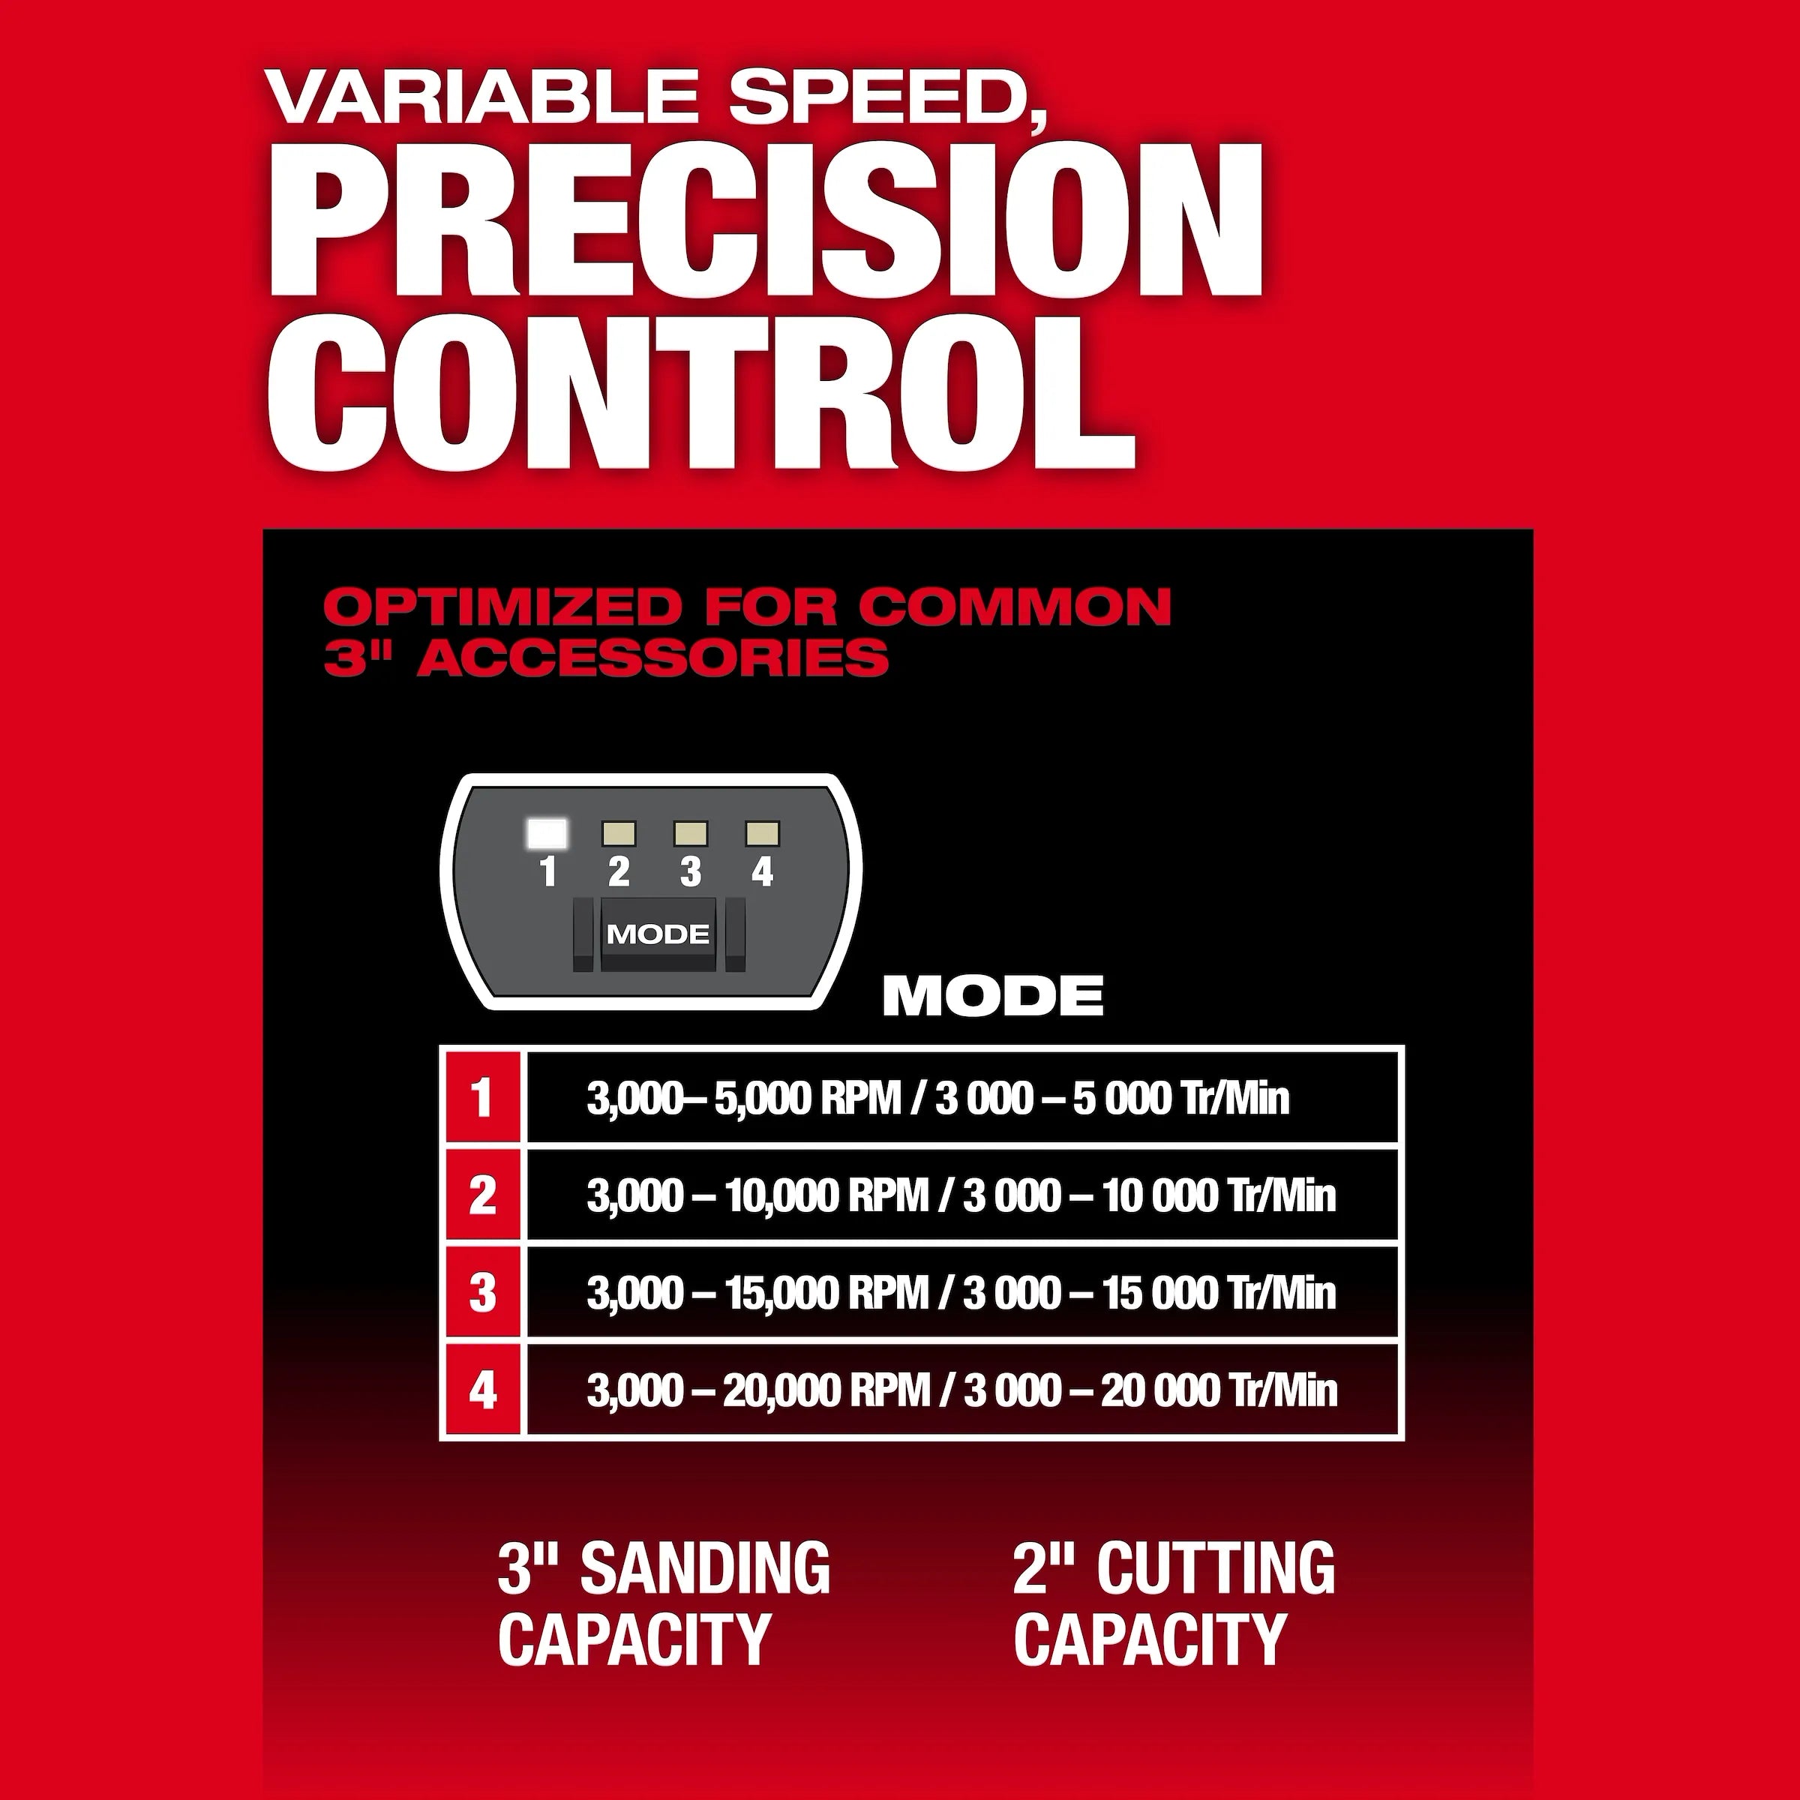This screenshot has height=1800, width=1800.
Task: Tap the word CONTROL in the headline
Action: pyautogui.click(x=701, y=392)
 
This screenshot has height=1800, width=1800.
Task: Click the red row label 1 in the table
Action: pyautogui.click(x=482, y=1097)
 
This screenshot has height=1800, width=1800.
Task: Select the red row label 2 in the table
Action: pyautogui.click(x=482, y=1195)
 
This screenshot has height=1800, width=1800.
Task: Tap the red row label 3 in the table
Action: pyautogui.click(x=482, y=1293)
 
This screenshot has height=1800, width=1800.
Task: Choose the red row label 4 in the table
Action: pyautogui.click(x=482, y=1390)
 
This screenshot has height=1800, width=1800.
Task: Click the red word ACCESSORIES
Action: pyautogui.click(x=653, y=658)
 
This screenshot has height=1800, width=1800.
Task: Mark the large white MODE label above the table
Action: pyautogui.click(x=993, y=996)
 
